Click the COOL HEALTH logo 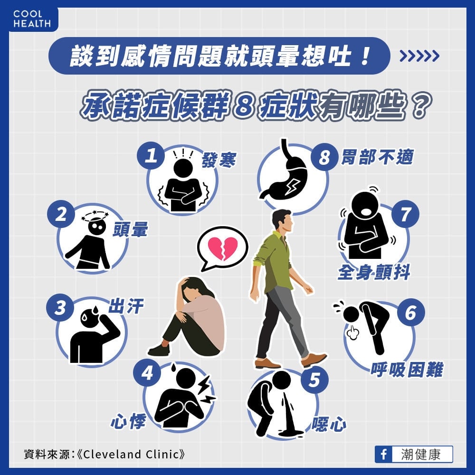point(31,19)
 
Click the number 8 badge point(324,157)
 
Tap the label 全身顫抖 point(374,273)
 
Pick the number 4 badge point(148,373)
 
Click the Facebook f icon point(383,454)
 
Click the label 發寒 point(218,161)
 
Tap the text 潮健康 point(421,454)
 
